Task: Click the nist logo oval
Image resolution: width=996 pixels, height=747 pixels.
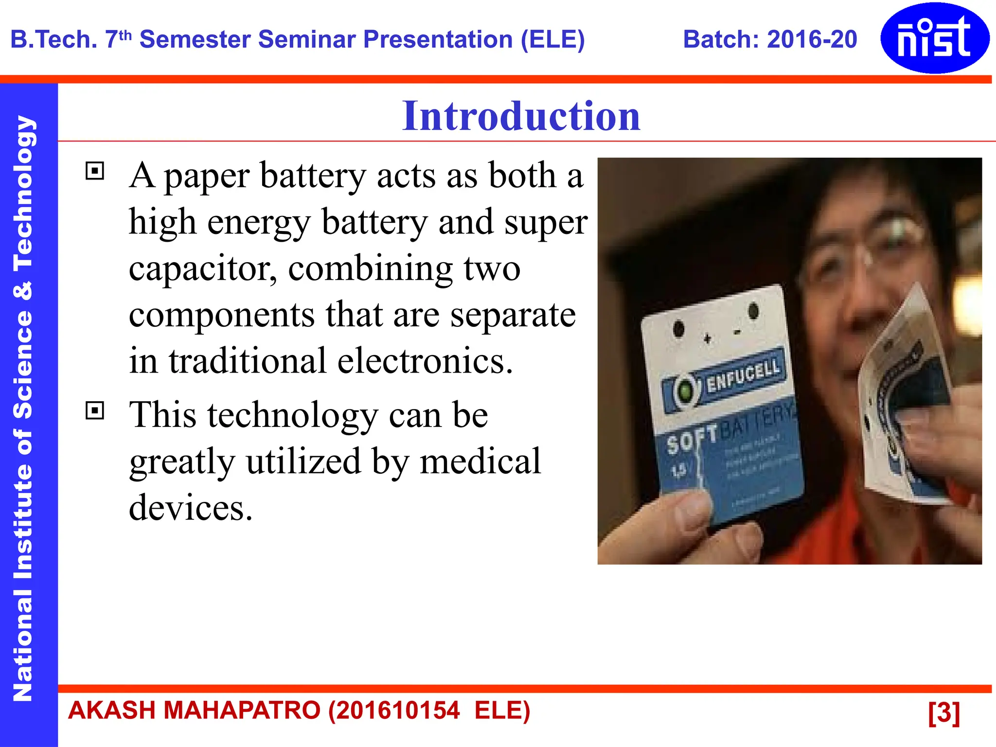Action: pyautogui.click(x=934, y=38)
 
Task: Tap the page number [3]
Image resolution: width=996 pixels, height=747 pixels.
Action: pyautogui.click(x=943, y=712)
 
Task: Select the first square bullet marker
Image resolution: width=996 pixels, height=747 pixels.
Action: pyautogui.click(x=95, y=171)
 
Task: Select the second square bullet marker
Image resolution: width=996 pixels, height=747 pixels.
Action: pyautogui.click(x=95, y=410)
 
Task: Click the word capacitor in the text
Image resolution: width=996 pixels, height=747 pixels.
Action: pyautogui.click(x=202, y=269)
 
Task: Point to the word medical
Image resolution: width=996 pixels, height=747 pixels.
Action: pyautogui.click(x=480, y=461)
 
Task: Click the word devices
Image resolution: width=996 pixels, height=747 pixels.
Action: pyautogui.click(x=191, y=507)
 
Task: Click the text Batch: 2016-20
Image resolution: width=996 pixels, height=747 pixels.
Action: pyautogui.click(x=769, y=40)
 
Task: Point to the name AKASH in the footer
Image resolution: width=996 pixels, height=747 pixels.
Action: pyautogui.click(x=111, y=711)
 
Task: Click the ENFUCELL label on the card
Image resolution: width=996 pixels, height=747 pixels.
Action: pyautogui.click(x=743, y=376)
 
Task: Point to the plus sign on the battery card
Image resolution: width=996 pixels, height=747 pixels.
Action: pyautogui.click(x=708, y=338)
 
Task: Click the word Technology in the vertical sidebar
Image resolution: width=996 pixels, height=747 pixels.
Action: pyautogui.click(x=22, y=195)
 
